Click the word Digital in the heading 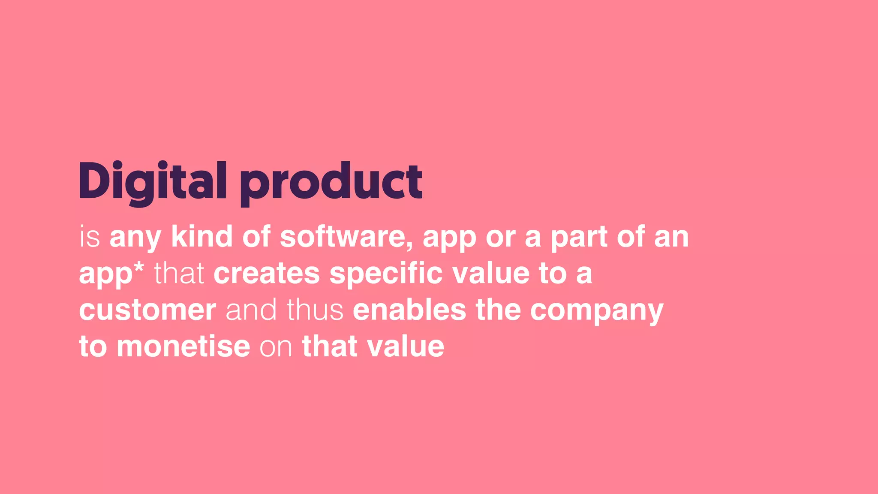click(152, 182)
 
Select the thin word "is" click(90, 237)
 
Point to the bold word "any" click(135, 238)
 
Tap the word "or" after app click(500, 238)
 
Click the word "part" click(578, 238)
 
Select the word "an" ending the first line click(671, 238)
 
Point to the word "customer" click(147, 310)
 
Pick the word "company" click(597, 312)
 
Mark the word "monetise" click(183, 346)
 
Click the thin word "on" click(276, 348)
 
